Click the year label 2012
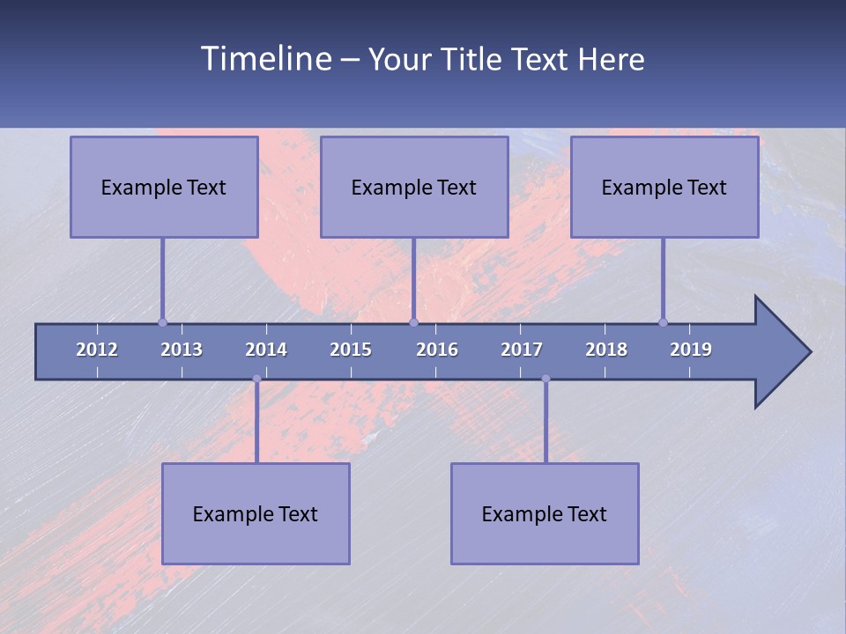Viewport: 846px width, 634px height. [97, 350]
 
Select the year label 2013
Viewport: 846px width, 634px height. [182, 350]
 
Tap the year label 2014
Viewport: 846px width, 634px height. [266, 350]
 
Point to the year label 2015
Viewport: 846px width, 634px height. [351, 350]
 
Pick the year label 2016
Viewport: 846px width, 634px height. [437, 350]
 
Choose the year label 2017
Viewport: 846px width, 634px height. [522, 350]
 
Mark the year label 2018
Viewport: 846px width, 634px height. [606, 350]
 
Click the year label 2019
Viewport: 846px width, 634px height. [691, 350]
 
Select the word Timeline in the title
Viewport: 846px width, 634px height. [265, 59]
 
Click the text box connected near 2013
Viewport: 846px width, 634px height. [164, 187]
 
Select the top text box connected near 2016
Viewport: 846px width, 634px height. [414, 187]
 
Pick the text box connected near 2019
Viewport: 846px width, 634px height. [664, 187]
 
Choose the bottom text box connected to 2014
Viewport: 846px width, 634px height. [256, 513]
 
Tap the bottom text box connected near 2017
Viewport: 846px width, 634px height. [545, 513]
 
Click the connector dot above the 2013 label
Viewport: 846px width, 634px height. [162, 322]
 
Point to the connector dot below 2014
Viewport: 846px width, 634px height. [256, 379]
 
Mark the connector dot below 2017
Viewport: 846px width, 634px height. [545, 379]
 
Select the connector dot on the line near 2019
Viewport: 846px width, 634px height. [663, 322]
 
